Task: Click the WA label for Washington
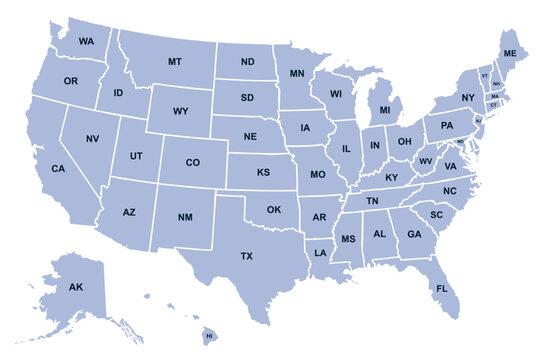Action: click(86, 41)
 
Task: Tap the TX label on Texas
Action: click(246, 257)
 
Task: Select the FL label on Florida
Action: click(441, 289)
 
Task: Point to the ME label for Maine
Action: click(510, 52)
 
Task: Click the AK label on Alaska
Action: click(76, 287)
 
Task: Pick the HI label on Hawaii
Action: click(210, 337)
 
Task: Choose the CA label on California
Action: click(58, 168)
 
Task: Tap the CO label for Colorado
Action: click(193, 162)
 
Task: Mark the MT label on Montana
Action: click(175, 62)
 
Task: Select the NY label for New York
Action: click(468, 97)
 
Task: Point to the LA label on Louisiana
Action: click(320, 253)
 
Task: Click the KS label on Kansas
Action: click(263, 172)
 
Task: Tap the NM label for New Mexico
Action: click(185, 216)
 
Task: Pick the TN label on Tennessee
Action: click(372, 201)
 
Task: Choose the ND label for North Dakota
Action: click(247, 62)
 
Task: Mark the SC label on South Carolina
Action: click(436, 215)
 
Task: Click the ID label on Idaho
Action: click(118, 93)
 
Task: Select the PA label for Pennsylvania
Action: click(446, 125)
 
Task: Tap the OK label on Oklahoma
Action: click(273, 210)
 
